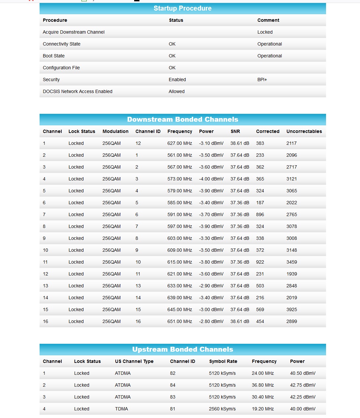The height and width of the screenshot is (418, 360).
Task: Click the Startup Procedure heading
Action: pos(182,8)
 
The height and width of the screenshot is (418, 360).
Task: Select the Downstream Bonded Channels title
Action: pos(182,119)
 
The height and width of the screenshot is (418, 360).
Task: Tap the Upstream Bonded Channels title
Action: pos(182,349)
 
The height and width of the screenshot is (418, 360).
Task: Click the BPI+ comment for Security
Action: pos(262,80)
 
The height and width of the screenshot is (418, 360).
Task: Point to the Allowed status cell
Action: pos(176,91)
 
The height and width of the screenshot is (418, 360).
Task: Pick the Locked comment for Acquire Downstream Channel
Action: pos(265,32)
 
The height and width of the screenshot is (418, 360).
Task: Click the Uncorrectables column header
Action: pos(304,131)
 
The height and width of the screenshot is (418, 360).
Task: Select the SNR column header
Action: pos(235,131)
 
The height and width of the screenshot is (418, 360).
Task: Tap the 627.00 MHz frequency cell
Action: pos(179,143)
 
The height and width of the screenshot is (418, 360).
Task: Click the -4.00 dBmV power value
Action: pos(211,179)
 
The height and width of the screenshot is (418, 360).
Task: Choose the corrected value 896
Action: pos(260,214)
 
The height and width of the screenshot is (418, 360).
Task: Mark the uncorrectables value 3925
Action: pos(291,309)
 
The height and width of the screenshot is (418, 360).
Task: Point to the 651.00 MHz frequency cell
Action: pos(179,321)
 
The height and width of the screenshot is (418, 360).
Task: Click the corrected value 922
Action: pos(260,262)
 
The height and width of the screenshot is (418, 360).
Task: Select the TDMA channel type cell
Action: pos(121,409)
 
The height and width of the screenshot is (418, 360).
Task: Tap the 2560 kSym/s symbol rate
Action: pos(222,409)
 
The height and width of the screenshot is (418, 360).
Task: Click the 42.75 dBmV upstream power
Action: pos(303,385)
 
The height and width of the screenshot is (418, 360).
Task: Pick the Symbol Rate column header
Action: pos(223,361)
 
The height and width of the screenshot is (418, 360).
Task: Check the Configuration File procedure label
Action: pos(61,68)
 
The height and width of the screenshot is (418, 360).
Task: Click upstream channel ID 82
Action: pos(172,373)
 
